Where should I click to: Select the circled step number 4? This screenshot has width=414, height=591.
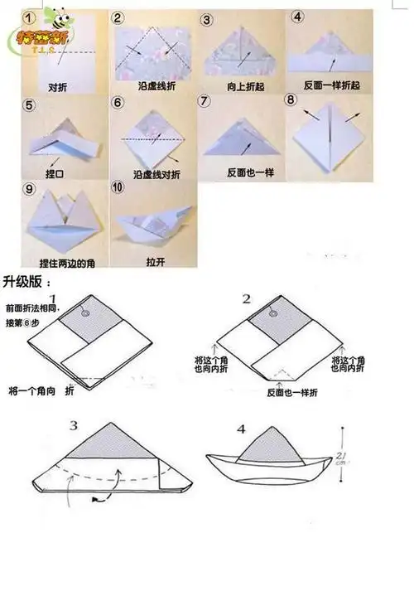pos(297,16)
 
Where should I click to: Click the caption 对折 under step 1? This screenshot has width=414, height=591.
pos(58,85)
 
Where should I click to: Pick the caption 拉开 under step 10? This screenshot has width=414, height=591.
pos(155,262)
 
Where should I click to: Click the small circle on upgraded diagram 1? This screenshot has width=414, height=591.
pos(84,314)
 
